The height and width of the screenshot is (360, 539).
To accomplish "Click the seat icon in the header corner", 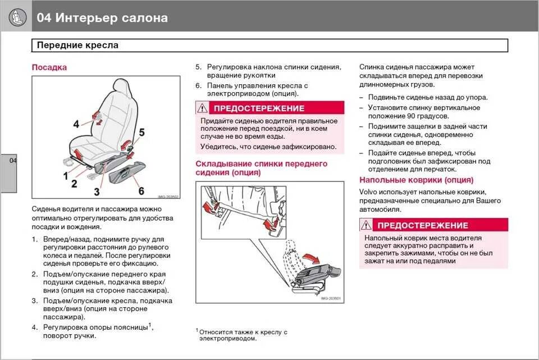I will coord(17,17).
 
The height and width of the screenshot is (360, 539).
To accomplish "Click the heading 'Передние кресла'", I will coord(77,45).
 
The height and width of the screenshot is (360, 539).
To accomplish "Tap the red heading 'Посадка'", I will coord(49,67).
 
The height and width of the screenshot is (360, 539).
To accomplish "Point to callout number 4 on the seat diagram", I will coord(76,124).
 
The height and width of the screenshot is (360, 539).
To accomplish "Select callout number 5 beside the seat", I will coord(141,133).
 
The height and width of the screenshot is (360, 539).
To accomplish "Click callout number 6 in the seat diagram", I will coord(141,191).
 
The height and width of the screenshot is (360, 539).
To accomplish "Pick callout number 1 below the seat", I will coord(66,175).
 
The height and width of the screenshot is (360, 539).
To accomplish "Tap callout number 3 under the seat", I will coord(97,192).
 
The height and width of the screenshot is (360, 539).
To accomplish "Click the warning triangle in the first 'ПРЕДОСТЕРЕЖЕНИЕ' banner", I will coord(202,108).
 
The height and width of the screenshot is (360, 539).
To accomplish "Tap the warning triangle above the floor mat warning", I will coord(366,225).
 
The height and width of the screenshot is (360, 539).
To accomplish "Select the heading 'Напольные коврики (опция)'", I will coord(416,180).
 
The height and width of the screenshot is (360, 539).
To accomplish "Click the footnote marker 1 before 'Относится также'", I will coord(198,330).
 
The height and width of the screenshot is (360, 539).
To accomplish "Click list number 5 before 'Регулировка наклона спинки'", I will coord(198,67).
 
